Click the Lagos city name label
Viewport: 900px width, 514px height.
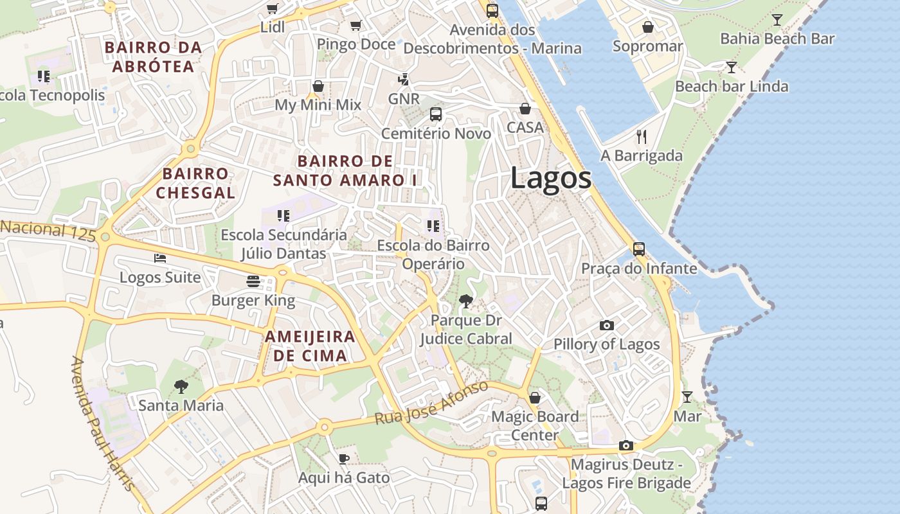coord(551,178)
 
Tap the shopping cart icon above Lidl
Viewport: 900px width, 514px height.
coord(272,8)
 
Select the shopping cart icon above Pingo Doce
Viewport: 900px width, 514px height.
coord(355,25)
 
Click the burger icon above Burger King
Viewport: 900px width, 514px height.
coord(253,281)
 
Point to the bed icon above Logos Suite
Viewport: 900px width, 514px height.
coord(160,258)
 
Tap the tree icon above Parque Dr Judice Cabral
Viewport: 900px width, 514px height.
coord(465,300)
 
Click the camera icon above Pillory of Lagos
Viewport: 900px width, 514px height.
coord(606,325)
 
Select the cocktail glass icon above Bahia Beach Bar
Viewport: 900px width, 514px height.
coord(777,19)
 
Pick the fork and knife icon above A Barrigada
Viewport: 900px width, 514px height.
coord(640,136)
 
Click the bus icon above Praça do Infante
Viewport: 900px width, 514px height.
coord(638,249)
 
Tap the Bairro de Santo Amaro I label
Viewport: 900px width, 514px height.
coord(345,170)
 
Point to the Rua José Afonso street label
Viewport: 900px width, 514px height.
coord(431,403)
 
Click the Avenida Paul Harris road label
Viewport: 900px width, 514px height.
coord(103,424)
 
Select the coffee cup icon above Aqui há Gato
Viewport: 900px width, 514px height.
coord(343,459)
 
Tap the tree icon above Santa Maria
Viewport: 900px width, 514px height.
coord(181,386)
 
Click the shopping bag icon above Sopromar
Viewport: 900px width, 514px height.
coord(647,27)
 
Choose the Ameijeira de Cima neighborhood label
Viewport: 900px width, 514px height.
coord(310,346)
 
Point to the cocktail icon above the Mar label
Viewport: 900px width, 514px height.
coord(687,396)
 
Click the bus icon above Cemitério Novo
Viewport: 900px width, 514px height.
coord(435,114)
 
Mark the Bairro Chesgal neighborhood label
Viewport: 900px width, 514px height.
coord(195,182)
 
